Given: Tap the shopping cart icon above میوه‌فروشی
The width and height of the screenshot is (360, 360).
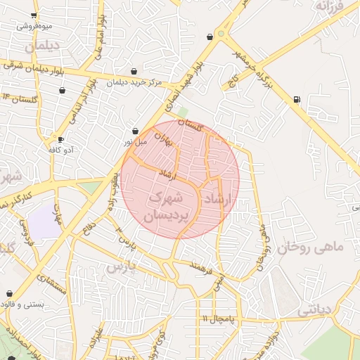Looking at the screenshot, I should coord(34,15).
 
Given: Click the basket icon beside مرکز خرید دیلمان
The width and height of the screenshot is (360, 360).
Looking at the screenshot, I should coord(134,71).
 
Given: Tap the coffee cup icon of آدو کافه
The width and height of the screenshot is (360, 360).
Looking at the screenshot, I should coord(60,139).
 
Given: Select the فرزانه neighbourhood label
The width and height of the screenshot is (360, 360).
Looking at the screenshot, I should coord(328,8).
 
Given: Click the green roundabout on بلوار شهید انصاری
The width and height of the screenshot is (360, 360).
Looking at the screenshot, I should coord(221,33).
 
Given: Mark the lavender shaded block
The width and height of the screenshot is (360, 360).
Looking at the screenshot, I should coord(44,221).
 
